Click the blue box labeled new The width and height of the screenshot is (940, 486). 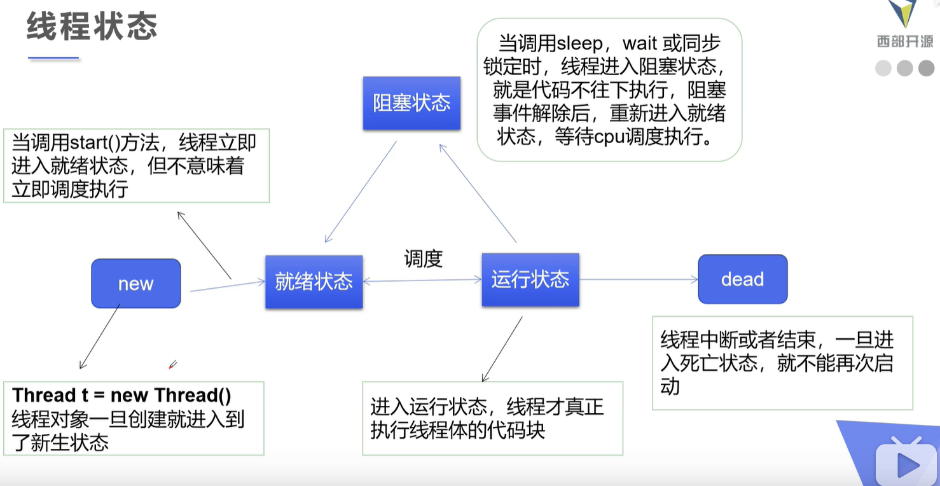click(135, 283)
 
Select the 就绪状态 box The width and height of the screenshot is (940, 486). click(314, 282)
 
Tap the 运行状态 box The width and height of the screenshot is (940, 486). click(530, 279)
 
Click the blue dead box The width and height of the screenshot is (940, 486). click(742, 279)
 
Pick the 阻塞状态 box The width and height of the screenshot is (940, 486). click(411, 103)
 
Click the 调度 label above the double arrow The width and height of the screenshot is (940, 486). click(423, 259)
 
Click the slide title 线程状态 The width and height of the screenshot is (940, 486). click(92, 27)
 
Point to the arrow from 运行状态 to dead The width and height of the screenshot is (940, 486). click(639, 279)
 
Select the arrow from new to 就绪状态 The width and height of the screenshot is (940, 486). click(227, 286)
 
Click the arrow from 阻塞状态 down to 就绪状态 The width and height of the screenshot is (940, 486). click(361, 191)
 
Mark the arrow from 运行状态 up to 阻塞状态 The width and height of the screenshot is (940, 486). click(477, 193)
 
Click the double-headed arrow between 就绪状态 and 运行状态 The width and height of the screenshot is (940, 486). click(422, 280)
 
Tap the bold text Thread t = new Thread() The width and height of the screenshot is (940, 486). click(121, 395)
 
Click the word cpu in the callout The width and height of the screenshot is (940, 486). click(611, 137)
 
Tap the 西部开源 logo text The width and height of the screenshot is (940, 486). click(905, 42)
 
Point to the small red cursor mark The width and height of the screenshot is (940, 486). click(172, 364)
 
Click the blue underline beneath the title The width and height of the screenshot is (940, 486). click(53, 58)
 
